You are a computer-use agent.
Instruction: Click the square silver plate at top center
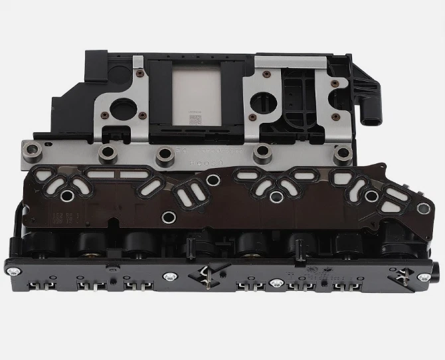click(196, 96)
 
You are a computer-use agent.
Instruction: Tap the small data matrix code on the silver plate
click(195, 120)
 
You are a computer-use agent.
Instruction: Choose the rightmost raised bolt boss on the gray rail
click(343, 154)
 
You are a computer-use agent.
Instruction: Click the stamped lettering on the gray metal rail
click(199, 157)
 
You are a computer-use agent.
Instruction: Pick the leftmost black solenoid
click(47, 246)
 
